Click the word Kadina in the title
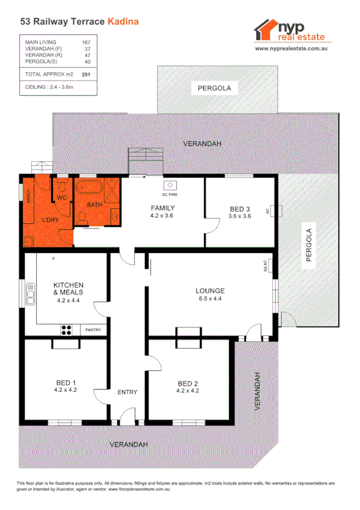(x=123, y=22)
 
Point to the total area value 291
(x=86, y=74)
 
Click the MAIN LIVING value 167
(x=86, y=43)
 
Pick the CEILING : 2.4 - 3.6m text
(x=49, y=87)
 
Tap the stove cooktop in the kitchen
(x=66, y=330)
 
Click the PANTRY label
(x=93, y=330)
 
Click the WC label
(x=62, y=197)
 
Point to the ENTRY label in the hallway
(x=127, y=392)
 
